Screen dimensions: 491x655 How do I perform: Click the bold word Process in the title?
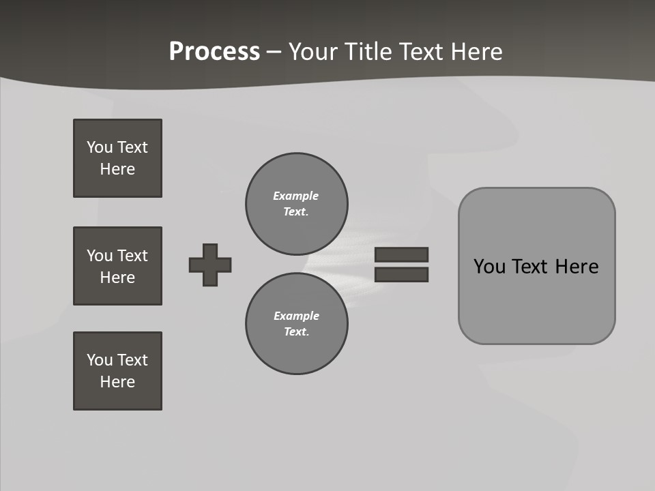214,52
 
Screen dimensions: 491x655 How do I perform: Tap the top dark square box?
117,158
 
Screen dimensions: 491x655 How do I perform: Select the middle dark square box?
117,266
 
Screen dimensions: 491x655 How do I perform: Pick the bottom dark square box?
117,371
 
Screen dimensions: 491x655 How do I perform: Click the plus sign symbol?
210,265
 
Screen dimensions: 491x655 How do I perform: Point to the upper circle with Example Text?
297,204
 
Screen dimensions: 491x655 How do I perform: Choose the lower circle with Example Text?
297,324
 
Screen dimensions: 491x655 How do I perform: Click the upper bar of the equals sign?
402,254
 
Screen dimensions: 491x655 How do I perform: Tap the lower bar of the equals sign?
402,275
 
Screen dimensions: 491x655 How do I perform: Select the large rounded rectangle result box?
537,266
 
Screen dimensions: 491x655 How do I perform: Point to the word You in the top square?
99,147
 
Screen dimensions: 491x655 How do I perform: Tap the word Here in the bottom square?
117,382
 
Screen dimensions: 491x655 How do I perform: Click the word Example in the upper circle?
295,196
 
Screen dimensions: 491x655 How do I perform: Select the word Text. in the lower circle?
296,332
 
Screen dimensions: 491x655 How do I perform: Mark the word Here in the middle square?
117,278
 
